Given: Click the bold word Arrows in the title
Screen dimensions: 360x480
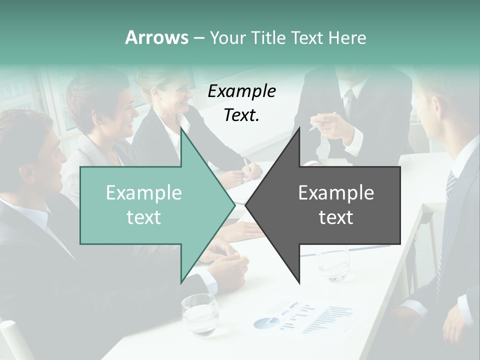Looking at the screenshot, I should [x=157, y=37].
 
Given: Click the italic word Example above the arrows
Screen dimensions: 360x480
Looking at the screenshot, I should [x=242, y=91].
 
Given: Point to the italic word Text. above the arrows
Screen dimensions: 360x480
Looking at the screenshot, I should [x=242, y=115].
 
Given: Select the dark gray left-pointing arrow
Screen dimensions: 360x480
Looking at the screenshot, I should [x=330, y=205].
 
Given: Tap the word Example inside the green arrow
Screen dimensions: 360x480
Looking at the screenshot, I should [x=144, y=192].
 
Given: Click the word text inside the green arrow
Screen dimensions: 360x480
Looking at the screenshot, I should [x=144, y=217].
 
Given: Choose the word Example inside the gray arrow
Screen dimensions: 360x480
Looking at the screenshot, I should [x=336, y=192].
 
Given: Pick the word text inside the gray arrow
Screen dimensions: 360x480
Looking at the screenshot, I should [x=336, y=217].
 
